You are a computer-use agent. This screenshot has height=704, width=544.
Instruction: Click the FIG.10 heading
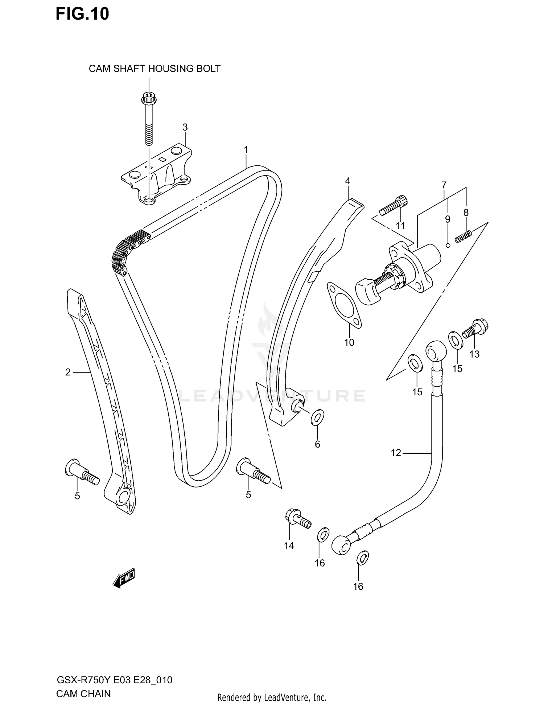tap(82, 14)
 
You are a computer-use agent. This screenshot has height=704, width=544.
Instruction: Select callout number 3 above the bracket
tap(185, 127)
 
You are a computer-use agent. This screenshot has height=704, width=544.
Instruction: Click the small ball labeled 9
tap(448, 245)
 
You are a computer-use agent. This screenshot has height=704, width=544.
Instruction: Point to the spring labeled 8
tap(463, 237)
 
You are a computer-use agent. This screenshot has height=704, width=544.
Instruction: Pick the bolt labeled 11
tap(393, 205)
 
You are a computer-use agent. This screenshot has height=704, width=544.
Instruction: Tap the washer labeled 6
tap(317, 418)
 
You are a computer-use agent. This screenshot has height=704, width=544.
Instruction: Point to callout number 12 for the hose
tap(396, 453)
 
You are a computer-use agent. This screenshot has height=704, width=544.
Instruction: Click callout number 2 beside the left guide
tap(68, 372)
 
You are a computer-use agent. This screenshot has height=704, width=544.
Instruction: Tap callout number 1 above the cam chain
tap(246, 149)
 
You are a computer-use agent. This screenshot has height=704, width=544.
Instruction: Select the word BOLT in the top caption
tap(207, 69)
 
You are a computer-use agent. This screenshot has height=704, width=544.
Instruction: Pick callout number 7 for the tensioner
tap(444, 185)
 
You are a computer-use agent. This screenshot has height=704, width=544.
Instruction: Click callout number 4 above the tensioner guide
tap(347, 181)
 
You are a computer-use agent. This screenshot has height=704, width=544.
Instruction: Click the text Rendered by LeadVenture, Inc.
tap(272, 697)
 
